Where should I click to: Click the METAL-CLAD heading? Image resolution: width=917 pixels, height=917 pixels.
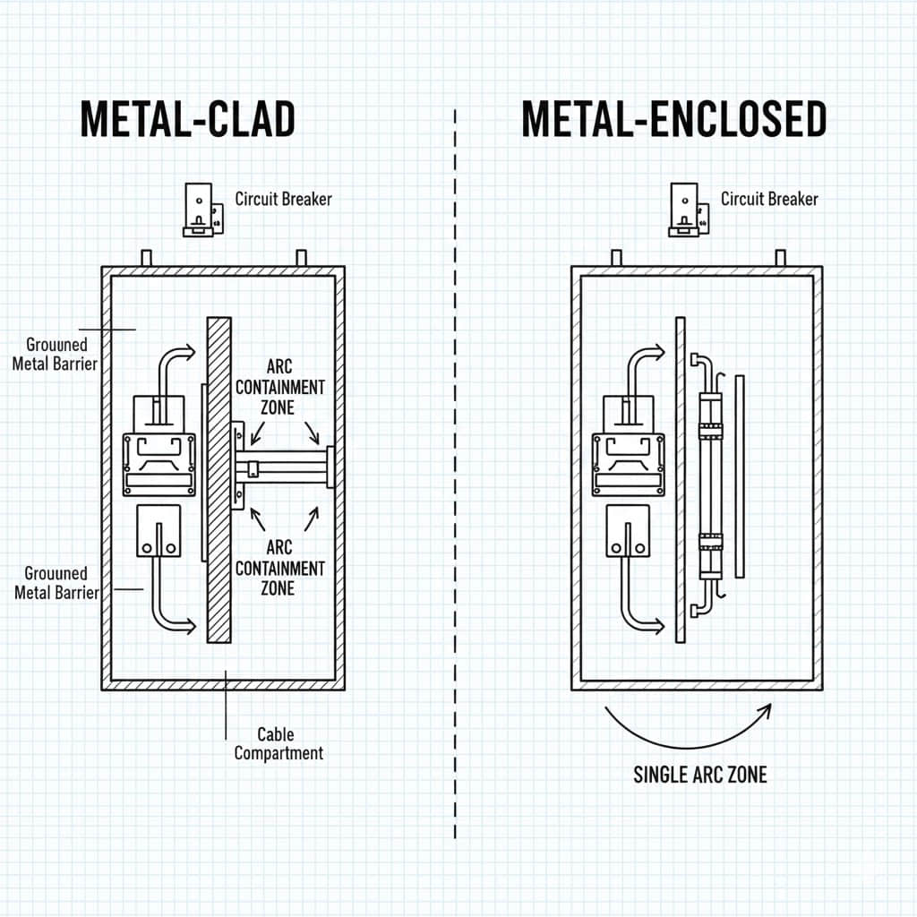coord(188,119)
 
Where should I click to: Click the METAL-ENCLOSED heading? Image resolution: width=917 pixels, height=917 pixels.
coord(673,119)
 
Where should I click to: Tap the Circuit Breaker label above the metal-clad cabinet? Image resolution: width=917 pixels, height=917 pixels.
coord(283,199)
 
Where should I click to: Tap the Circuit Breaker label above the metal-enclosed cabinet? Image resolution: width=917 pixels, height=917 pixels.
coord(769,199)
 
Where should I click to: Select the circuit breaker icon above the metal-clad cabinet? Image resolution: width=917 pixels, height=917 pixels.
coord(201,210)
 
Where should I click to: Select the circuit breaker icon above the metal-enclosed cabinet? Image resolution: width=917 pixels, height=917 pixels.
coord(687,210)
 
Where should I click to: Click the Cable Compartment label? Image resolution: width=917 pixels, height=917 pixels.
coord(279,744)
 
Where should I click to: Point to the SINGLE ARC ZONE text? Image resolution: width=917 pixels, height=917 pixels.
coord(700,775)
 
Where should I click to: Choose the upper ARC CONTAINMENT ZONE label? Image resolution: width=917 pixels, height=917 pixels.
coord(280,387)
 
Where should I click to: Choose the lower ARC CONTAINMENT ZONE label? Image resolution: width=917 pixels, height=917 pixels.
coord(280,568)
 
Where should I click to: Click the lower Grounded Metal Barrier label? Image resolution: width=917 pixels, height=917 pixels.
coord(56,582)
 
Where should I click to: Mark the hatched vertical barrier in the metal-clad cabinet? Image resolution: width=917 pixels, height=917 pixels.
coord(219,479)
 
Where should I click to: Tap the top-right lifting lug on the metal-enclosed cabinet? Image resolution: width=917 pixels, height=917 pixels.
coord(780,258)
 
